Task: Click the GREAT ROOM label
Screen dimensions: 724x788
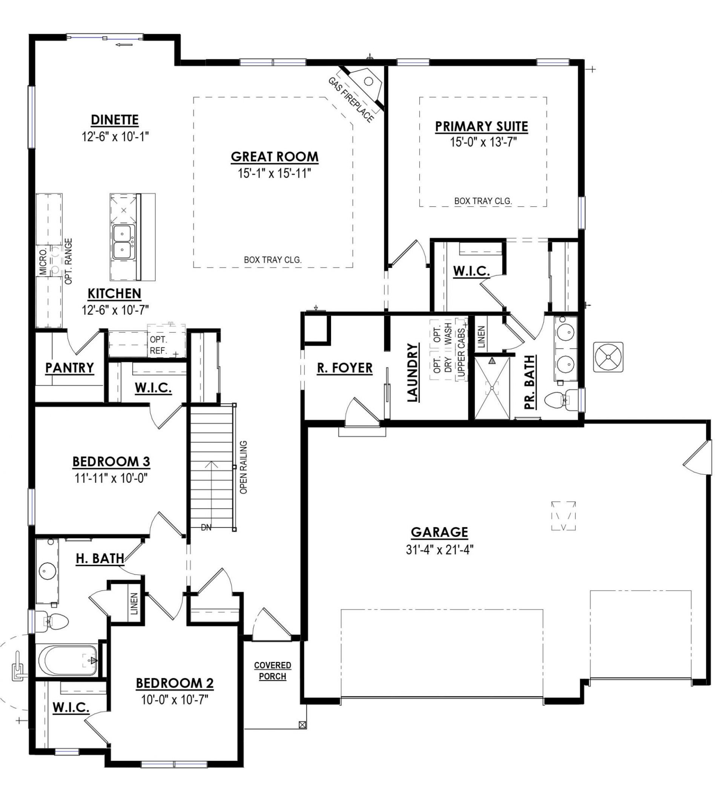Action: pyautogui.click(x=274, y=157)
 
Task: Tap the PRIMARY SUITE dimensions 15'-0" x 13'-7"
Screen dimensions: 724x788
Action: pyautogui.click(x=483, y=142)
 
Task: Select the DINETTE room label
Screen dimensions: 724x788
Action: pyautogui.click(x=115, y=120)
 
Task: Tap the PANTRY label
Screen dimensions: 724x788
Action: pyautogui.click(x=70, y=368)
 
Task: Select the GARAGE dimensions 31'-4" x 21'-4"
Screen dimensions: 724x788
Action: pyautogui.click(x=440, y=550)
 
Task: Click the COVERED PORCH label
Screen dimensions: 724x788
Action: pyautogui.click(x=273, y=671)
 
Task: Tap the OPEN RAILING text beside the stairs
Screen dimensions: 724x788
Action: pyautogui.click(x=243, y=467)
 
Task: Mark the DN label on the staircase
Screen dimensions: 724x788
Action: pyautogui.click(x=206, y=528)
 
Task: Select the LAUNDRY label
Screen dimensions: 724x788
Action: pyautogui.click(x=413, y=372)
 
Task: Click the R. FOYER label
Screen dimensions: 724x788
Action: pyautogui.click(x=345, y=368)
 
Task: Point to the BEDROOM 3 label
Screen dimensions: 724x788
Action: pyautogui.click(x=111, y=462)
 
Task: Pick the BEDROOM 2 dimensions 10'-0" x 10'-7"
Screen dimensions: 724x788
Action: pyautogui.click(x=175, y=699)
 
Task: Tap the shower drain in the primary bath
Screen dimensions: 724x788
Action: pyautogui.click(x=492, y=388)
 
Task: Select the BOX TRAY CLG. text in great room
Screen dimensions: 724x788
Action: pyautogui.click(x=273, y=260)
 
